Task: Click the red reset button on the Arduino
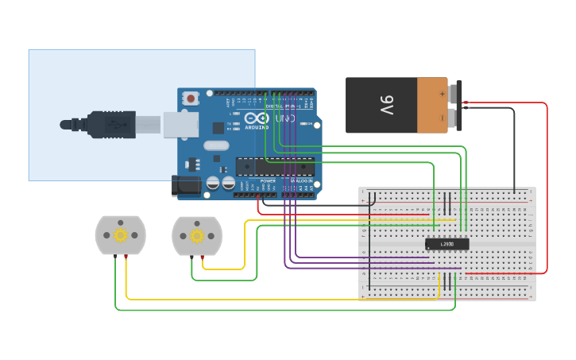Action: pos(191,99)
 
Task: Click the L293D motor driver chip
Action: pos(446,244)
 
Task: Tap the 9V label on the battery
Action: pos(386,105)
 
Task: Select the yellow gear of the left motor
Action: pos(120,234)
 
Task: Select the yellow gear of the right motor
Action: pos(197,235)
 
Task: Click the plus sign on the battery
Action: pos(442,92)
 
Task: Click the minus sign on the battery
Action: pos(442,118)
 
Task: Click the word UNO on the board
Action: pos(285,119)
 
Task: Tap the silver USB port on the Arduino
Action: pos(181,125)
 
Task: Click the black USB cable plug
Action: pos(111,124)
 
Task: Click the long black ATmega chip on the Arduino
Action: pos(273,165)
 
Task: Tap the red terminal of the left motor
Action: pos(126,256)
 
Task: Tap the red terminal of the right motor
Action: pos(203,256)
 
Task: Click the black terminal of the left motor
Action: pos(115,256)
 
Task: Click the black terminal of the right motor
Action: pos(191,256)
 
